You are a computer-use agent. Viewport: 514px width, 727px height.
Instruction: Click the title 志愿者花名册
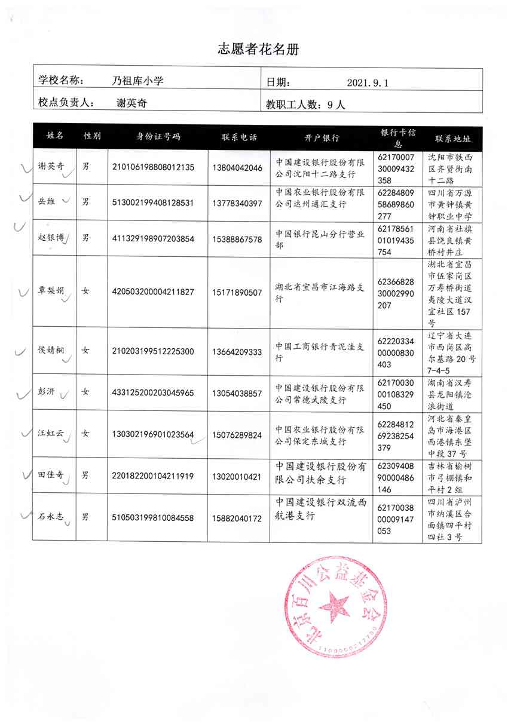258,50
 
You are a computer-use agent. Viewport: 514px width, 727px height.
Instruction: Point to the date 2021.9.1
368,83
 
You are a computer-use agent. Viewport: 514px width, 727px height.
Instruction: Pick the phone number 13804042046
237,168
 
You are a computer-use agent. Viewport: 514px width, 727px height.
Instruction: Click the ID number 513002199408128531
153,203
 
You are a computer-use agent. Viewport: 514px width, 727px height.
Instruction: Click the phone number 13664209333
237,352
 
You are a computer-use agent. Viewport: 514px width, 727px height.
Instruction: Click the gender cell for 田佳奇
85,476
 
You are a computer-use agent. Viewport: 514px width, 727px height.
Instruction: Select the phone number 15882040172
237,518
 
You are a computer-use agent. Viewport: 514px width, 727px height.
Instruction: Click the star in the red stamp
334,607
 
